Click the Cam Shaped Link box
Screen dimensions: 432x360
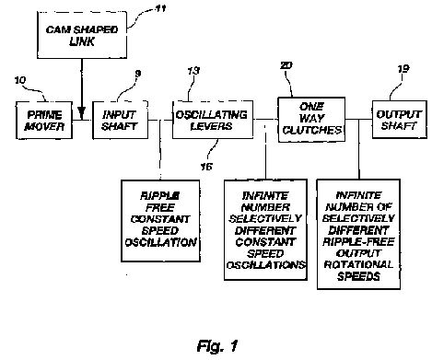pyautogui.click(x=82, y=35)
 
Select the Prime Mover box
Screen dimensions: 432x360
pyautogui.click(x=44, y=121)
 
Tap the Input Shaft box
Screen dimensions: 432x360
pyautogui.click(x=121, y=120)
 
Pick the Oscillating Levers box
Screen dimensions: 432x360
pyautogui.click(x=213, y=120)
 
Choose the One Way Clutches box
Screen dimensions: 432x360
pyautogui.click(x=311, y=120)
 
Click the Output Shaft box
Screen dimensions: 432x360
pyautogui.click(x=400, y=120)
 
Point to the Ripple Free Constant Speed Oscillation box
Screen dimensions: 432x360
pyautogui.click(x=160, y=221)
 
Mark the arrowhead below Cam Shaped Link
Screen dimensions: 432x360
pyautogui.click(x=81, y=112)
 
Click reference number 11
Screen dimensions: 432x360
pyautogui.click(x=160, y=8)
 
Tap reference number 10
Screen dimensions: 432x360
pyautogui.click(x=20, y=80)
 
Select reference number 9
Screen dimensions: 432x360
pyautogui.click(x=138, y=74)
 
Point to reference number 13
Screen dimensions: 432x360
pyautogui.click(x=193, y=71)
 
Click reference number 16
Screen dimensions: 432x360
pyautogui.click(x=206, y=167)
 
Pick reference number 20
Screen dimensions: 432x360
pyautogui.click(x=286, y=65)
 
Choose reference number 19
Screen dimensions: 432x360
pyautogui.click(x=403, y=69)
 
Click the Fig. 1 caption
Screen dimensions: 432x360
pyautogui.click(x=217, y=346)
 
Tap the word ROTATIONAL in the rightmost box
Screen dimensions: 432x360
pyautogui.click(x=358, y=264)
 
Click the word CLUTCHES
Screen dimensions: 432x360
pyautogui.click(x=312, y=130)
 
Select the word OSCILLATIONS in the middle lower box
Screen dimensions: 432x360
pyautogui.click(x=266, y=265)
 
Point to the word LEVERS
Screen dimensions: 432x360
pyautogui.click(x=212, y=126)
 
